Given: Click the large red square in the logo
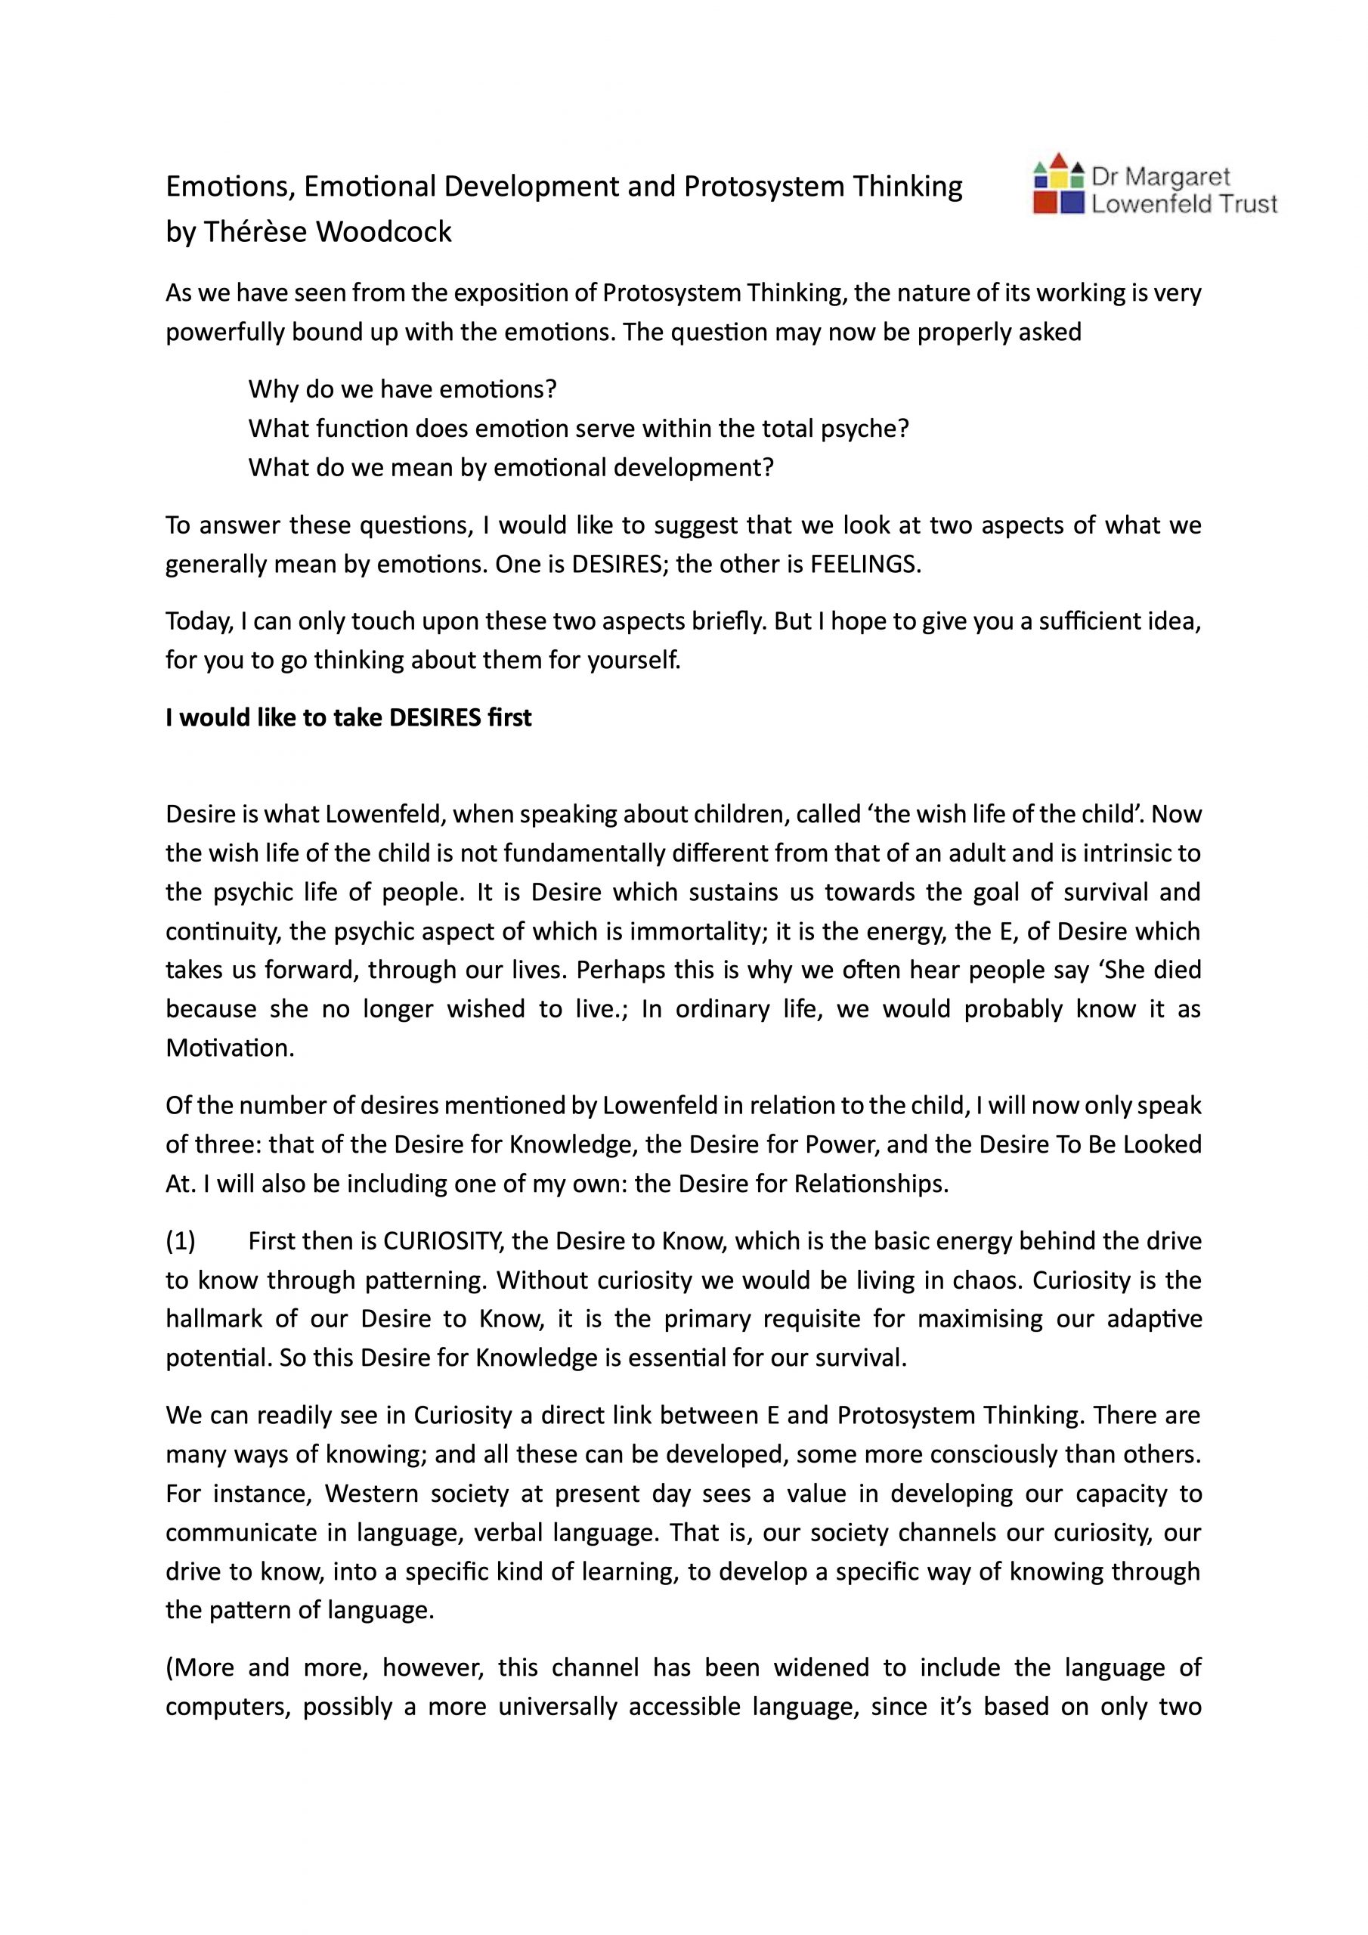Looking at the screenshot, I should [x=1045, y=203].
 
